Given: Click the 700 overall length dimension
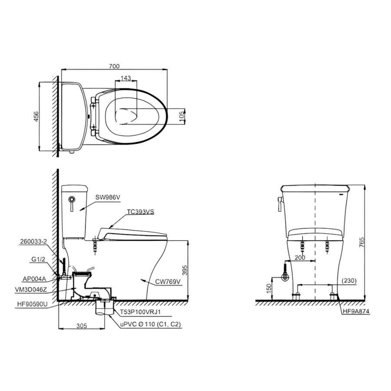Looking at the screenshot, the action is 114,66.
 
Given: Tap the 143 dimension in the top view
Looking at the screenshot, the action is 126,78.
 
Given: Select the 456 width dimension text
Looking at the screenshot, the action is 36,116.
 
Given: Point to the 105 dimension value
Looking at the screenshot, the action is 182,115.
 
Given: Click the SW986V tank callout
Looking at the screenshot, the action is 108,197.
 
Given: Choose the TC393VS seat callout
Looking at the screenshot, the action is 140,212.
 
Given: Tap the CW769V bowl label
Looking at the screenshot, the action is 168,282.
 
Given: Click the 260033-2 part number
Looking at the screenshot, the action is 33,242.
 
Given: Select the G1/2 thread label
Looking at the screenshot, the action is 38,259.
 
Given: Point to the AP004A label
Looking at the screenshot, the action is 34,279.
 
